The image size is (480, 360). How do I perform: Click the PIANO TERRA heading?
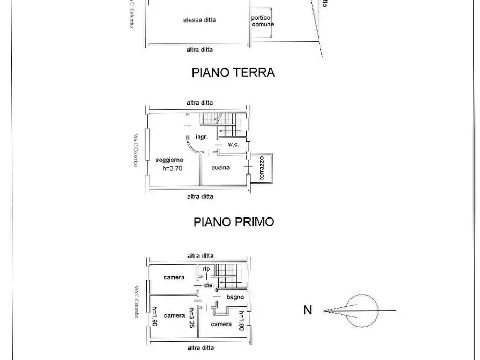[x=233, y=73]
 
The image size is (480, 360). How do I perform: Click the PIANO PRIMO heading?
[x=233, y=221]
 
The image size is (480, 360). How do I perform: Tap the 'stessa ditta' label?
[x=199, y=20]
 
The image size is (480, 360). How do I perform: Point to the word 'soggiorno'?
[x=169, y=160]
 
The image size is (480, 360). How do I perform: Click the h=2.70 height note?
[x=173, y=168]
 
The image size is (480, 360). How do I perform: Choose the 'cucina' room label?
[x=220, y=168]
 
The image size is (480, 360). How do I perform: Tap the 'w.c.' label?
[x=233, y=145]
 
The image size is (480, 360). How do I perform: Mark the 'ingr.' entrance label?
[x=202, y=137]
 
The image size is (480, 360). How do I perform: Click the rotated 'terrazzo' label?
[x=261, y=168]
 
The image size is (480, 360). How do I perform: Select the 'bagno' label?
[x=235, y=297]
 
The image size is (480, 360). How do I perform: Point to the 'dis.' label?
[x=209, y=285]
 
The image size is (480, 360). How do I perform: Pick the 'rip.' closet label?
[x=206, y=269]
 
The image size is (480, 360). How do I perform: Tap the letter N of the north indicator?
[x=307, y=310]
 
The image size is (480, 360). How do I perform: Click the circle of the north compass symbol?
[x=361, y=311]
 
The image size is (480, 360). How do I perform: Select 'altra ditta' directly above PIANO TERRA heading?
[x=199, y=49]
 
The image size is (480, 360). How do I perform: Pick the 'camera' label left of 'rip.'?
[x=174, y=277]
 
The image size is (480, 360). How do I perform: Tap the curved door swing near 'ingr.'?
[x=189, y=142]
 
